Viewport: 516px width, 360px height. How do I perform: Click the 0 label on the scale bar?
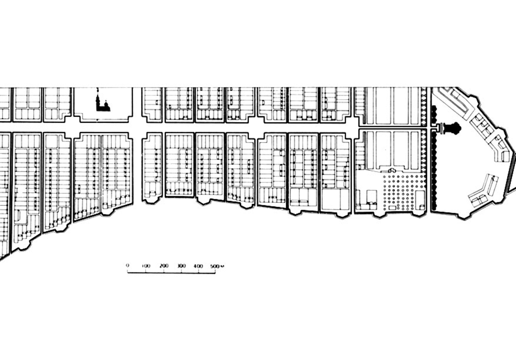click(127, 265)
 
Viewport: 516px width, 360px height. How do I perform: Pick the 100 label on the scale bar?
click(146, 266)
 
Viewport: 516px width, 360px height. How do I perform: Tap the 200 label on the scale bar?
click(164, 266)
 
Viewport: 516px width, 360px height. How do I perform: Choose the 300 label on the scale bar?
click(181, 266)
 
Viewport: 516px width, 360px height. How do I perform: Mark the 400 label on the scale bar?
click(199, 266)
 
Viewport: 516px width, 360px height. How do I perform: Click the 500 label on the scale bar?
click(215, 266)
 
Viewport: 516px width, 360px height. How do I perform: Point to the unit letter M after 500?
click(222, 266)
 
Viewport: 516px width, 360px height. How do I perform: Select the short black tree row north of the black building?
click(434, 115)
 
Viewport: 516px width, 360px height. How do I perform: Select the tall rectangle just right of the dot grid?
click(419, 197)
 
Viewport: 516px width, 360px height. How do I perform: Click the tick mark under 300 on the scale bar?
click(181, 271)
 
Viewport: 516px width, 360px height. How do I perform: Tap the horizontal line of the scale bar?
click(171, 272)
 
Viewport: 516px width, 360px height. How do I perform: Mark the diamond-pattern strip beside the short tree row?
click(424, 106)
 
